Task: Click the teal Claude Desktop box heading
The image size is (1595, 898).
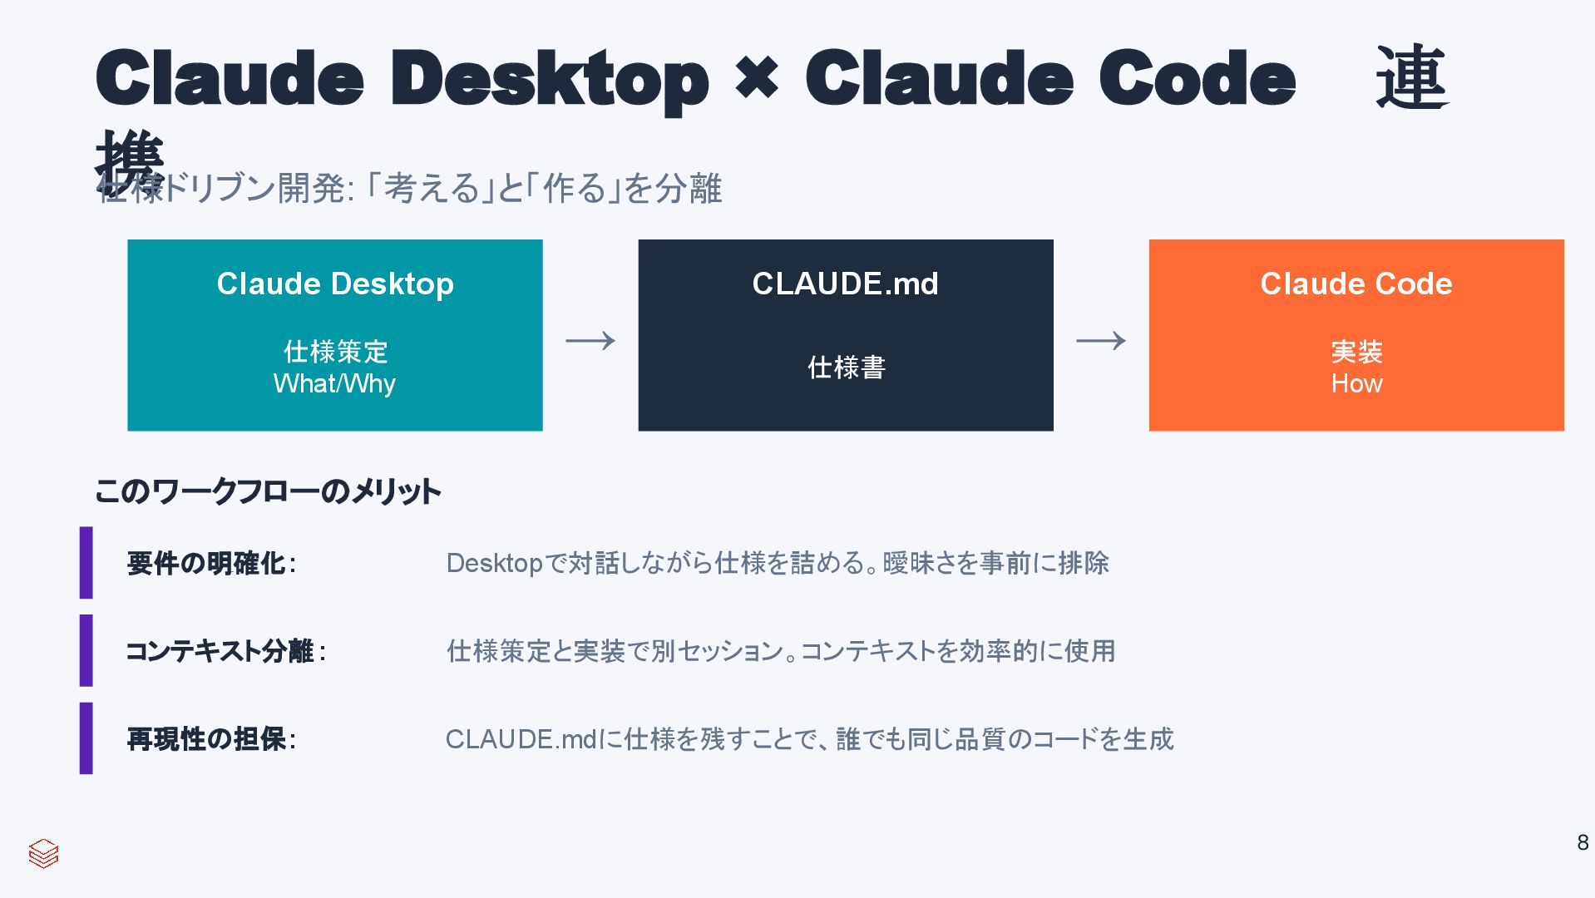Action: coord(335,284)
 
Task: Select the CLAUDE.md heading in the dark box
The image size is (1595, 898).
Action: coord(845,284)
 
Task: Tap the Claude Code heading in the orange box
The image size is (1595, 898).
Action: coord(1356,284)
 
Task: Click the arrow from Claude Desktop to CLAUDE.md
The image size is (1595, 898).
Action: coord(590,341)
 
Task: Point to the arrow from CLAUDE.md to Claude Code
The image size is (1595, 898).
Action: coord(1100,341)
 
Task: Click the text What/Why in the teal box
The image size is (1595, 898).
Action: coord(334,384)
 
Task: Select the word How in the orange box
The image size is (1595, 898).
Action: coord(1356,384)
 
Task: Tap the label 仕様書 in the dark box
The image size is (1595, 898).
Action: coord(846,368)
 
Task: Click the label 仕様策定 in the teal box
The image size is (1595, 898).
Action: coord(335,352)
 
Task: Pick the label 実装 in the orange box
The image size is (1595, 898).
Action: coord(1356,352)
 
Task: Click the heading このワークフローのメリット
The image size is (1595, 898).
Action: coord(268,491)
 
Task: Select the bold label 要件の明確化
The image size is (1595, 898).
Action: coord(207,564)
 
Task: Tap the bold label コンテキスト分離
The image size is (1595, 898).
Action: coord(220,651)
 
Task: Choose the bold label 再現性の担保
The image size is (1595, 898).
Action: coord(207,739)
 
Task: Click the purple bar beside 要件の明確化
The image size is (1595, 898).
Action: coord(86,563)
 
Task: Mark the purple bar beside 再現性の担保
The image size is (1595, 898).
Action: coord(86,738)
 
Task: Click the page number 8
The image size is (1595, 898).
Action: coord(1582,843)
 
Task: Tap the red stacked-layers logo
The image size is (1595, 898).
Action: coord(43,853)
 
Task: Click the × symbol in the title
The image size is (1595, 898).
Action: coord(757,78)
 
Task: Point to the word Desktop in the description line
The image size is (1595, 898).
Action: coord(494,564)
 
